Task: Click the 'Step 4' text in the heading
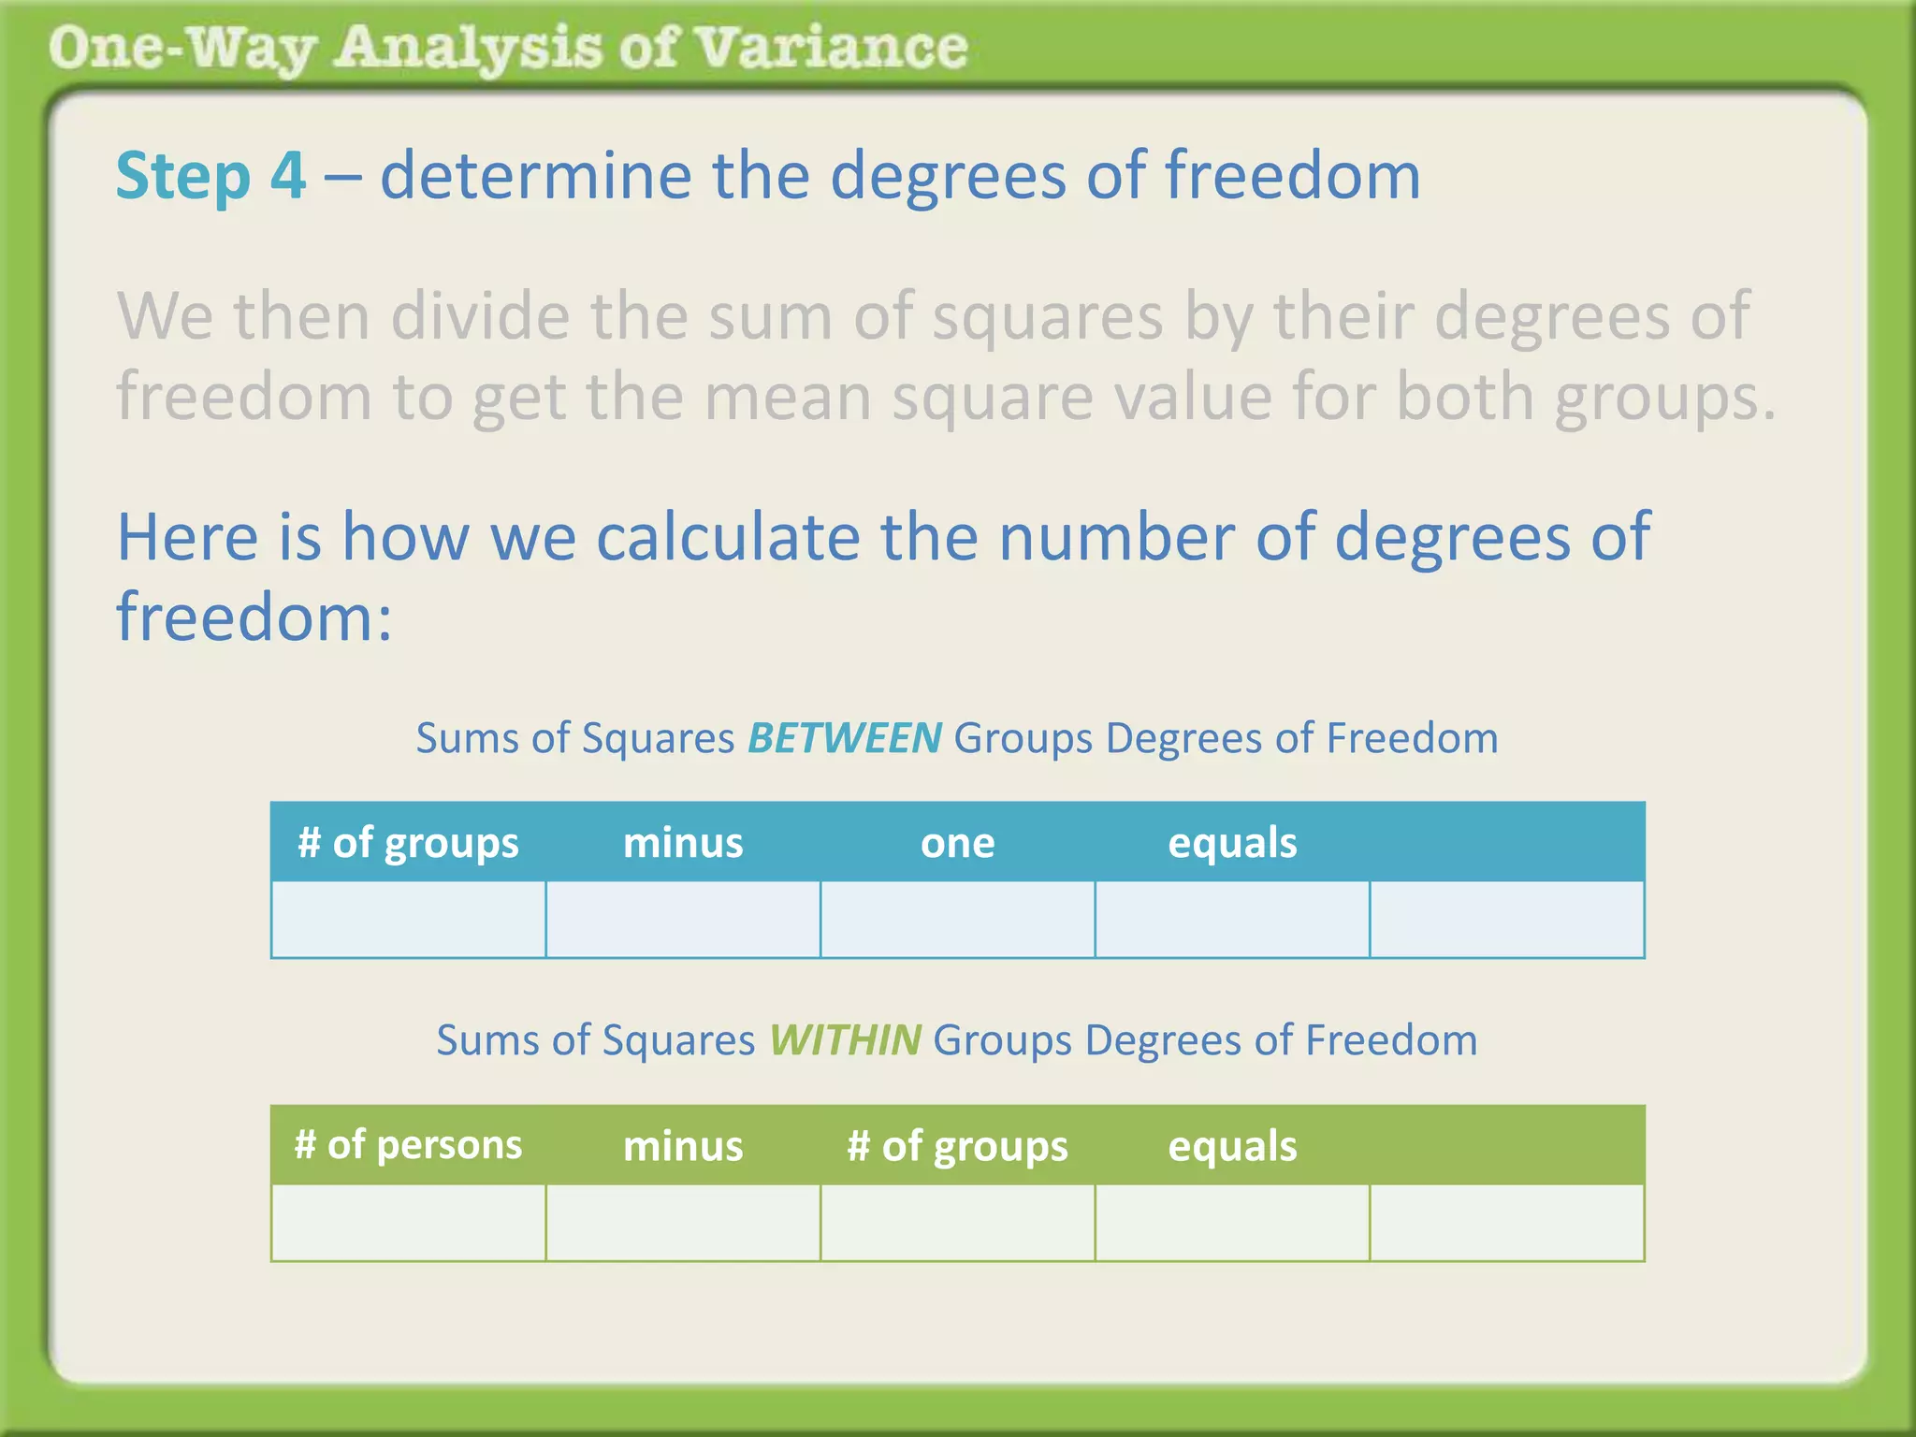[210, 176]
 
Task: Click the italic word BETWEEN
[844, 738]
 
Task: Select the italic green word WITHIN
[845, 1040]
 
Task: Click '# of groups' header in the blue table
[408, 843]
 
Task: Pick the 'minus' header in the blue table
[683, 843]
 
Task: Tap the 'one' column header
[957, 843]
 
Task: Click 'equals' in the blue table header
[1232, 843]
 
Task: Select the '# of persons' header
[408, 1145]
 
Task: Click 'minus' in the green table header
[683, 1146]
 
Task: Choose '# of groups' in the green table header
[957, 1146]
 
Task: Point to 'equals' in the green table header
[1232, 1146]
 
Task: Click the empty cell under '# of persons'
[408, 1223]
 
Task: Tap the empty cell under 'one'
[957, 920]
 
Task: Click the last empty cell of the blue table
[1506, 920]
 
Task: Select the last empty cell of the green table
[1506, 1223]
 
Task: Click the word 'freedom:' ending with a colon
[254, 617]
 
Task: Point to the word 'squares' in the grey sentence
[1048, 318]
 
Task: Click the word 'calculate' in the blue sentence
[728, 538]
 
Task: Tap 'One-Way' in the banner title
[182, 48]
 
